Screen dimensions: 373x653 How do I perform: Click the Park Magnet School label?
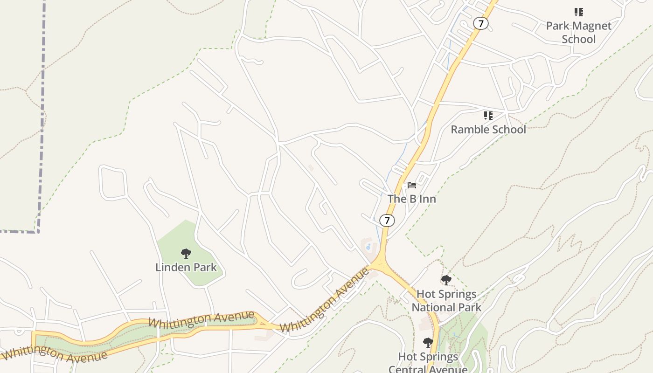tap(578, 32)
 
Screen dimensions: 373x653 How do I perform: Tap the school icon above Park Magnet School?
tap(578, 12)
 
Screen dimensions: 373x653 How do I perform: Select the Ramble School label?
tap(488, 129)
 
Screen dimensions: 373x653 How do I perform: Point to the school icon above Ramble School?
tap(488, 115)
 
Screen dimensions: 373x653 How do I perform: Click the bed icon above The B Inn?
tap(411, 185)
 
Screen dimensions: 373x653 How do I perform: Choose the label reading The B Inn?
tap(411, 199)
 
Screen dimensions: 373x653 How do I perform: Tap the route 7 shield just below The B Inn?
tap(387, 220)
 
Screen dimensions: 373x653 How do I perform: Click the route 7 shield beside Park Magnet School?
tap(480, 23)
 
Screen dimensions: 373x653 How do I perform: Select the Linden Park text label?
tap(186, 267)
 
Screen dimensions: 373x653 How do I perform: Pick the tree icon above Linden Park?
tap(186, 254)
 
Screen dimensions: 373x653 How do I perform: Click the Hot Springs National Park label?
tap(446, 300)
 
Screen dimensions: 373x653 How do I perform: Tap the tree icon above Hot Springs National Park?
tap(446, 280)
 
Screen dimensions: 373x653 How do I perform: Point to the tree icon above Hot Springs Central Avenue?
tap(428, 343)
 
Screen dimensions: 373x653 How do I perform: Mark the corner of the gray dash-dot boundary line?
tap(38, 231)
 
